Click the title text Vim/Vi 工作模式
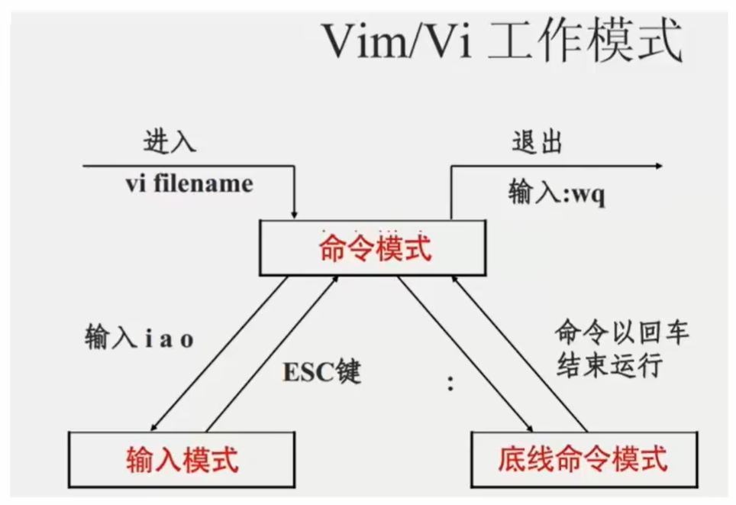pyautogui.click(x=501, y=43)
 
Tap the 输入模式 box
pyautogui.click(x=182, y=459)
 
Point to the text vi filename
pyautogui.click(x=189, y=184)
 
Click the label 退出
pyautogui.click(x=536, y=144)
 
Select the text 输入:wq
pyautogui.click(x=557, y=193)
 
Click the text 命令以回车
pyautogui.click(x=621, y=334)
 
